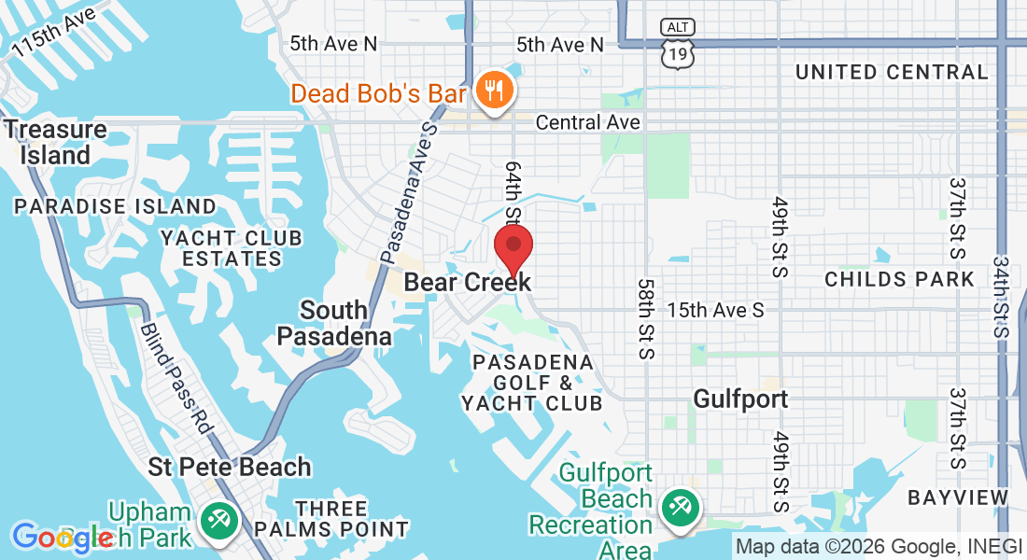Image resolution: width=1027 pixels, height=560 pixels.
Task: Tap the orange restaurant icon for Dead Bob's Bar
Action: pos(491,91)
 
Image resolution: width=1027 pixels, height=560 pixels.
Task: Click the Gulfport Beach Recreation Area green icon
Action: pos(676,508)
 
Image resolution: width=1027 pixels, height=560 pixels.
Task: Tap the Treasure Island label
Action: pos(56,142)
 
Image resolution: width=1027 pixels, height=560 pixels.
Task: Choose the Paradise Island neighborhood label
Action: pos(116,205)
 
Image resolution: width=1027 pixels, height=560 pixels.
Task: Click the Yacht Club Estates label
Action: pos(232,248)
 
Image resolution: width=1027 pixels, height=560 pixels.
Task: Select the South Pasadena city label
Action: pos(334,323)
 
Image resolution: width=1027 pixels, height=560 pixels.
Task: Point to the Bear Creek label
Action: pos(467,282)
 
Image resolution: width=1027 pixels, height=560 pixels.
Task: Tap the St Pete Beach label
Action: pos(230,467)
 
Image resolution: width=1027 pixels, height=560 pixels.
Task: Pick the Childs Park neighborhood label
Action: pos(899,279)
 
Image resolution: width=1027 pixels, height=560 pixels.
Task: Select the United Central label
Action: pos(892,72)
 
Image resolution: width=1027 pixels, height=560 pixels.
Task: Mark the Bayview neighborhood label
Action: pos(959,497)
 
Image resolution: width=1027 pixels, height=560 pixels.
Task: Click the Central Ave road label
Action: pos(588,122)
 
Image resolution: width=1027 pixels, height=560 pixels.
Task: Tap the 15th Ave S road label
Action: pos(715,310)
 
